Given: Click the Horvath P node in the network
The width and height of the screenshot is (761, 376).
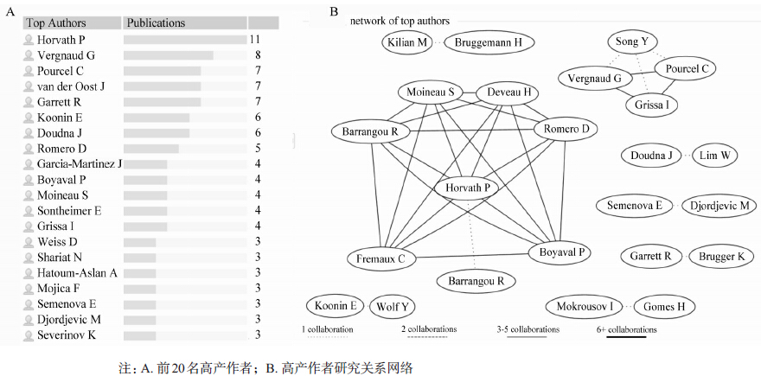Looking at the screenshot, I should coord(468,188).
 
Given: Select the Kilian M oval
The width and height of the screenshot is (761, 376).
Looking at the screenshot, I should coord(409,41).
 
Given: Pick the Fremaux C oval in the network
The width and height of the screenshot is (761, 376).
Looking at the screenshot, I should coord(381,258).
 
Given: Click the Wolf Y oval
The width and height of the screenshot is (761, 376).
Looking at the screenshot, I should coord(392,306).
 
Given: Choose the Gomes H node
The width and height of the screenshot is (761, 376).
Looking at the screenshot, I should coord(663,306).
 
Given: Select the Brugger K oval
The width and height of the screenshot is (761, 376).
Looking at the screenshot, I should coord(722,256).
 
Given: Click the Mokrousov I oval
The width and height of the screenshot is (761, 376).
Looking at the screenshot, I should coord(584,306).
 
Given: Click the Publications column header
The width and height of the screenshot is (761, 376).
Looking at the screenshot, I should coord(157,22).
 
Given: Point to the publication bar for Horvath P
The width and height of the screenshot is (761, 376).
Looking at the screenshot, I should coord(184,40).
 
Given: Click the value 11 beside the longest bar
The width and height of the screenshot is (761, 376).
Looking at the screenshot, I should coord(254,40).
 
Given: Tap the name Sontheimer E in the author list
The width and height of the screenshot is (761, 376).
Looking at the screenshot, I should coord(69,211).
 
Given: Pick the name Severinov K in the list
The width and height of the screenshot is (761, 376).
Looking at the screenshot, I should coord(67,335).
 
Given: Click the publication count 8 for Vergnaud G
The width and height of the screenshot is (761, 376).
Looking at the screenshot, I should coord(257,55).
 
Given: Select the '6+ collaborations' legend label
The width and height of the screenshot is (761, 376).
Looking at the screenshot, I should coord(626,329).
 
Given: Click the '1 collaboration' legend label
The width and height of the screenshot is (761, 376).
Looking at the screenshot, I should coord(327,329).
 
